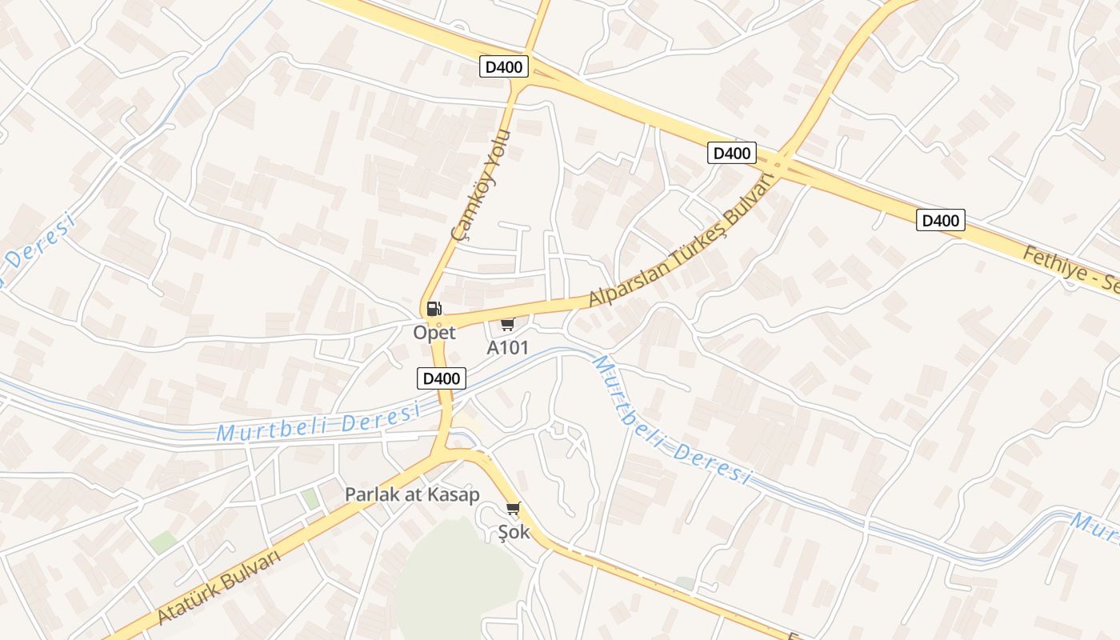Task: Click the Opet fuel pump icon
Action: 434,309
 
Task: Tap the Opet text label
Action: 434,332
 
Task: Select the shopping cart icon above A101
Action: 507,323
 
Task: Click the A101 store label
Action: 507,348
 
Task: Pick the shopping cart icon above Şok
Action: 514,508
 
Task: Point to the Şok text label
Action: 514,531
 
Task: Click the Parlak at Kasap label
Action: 412,494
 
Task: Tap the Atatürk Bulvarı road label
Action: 219,587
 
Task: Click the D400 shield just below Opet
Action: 442,378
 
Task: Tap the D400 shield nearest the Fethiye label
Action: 940,220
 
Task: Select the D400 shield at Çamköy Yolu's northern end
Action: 504,66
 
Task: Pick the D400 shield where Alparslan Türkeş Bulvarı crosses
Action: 731,153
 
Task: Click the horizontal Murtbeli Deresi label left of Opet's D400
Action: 318,423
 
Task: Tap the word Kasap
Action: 453,494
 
